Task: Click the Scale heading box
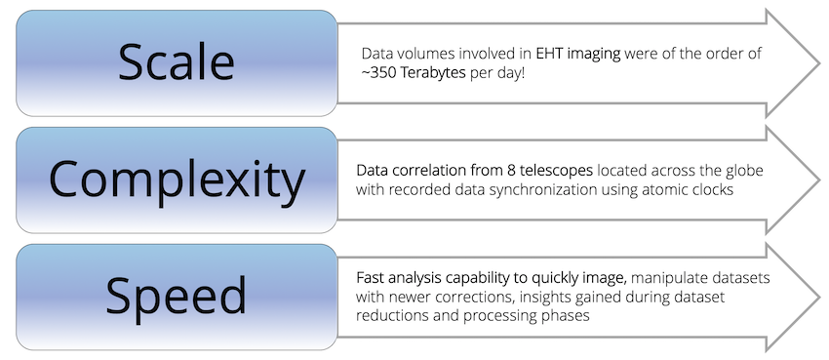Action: point(176,62)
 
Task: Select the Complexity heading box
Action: point(176,180)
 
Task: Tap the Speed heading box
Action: point(176,297)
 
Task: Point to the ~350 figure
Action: point(383,73)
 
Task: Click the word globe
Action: point(743,171)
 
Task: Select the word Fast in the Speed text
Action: point(371,279)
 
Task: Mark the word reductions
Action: point(391,316)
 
